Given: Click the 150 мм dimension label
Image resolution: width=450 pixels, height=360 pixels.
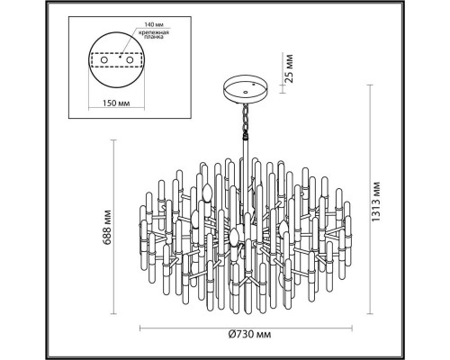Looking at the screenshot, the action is coord(116,103).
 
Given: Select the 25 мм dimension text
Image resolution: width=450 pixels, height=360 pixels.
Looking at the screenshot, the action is coord(288,68).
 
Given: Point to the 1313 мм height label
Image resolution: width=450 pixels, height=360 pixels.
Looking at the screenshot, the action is coord(375,202).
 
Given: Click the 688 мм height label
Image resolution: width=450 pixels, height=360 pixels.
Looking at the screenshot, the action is coord(108,227).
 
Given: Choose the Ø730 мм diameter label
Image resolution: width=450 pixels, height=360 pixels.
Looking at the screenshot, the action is coord(249,335).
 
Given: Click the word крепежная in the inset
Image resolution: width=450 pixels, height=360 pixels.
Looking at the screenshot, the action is coord(153,32).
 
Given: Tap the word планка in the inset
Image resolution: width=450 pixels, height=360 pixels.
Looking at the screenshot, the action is coord(153,37).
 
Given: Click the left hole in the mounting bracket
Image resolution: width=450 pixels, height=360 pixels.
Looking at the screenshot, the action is coord(103,59).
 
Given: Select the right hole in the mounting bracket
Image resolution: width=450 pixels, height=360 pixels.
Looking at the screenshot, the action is coord(130,59).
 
